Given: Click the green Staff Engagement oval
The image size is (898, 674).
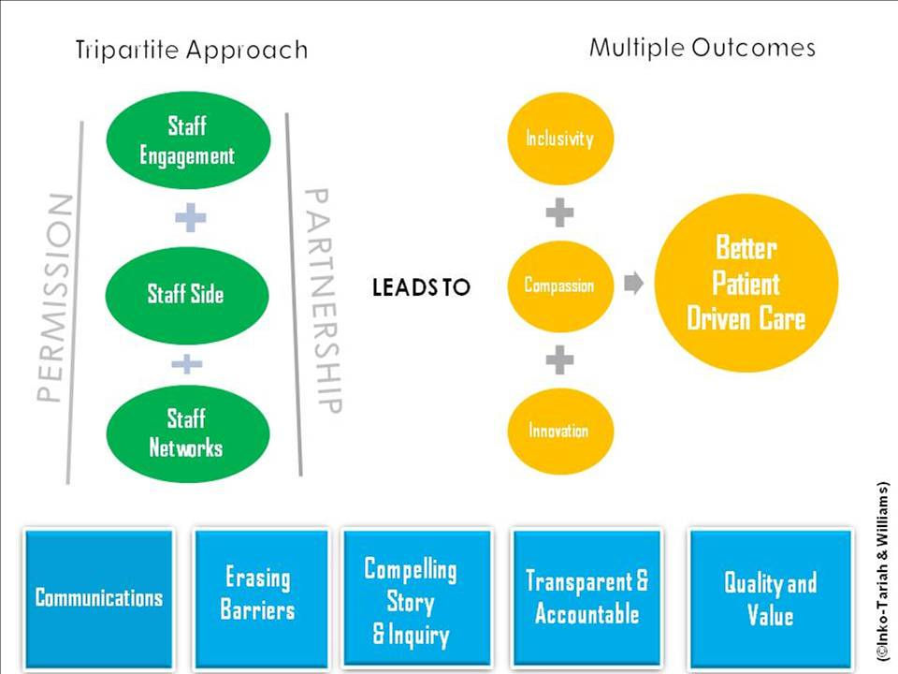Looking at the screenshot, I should point(188,140).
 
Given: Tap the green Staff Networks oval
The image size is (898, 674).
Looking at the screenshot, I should point(187,432).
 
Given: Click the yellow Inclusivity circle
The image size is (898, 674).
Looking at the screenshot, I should point(559,139).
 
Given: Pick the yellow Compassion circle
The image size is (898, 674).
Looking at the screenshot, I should point(559,285).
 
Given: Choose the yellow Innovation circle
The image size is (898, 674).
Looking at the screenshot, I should point(559,432).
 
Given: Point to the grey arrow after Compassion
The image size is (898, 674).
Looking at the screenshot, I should point(633,284).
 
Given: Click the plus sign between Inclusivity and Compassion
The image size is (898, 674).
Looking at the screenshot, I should point(559,213).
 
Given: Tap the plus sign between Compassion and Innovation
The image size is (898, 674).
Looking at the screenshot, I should point(559,359).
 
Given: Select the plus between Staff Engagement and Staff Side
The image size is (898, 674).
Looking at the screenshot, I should point(190,219).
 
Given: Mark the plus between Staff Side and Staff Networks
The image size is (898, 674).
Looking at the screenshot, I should point(188,363).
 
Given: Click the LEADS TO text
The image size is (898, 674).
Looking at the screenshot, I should point(421,287).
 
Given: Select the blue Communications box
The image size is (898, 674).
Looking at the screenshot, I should point(99,597).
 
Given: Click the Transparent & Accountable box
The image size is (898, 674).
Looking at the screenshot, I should point(587,597).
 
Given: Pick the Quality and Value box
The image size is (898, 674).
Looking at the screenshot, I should point(770,597).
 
